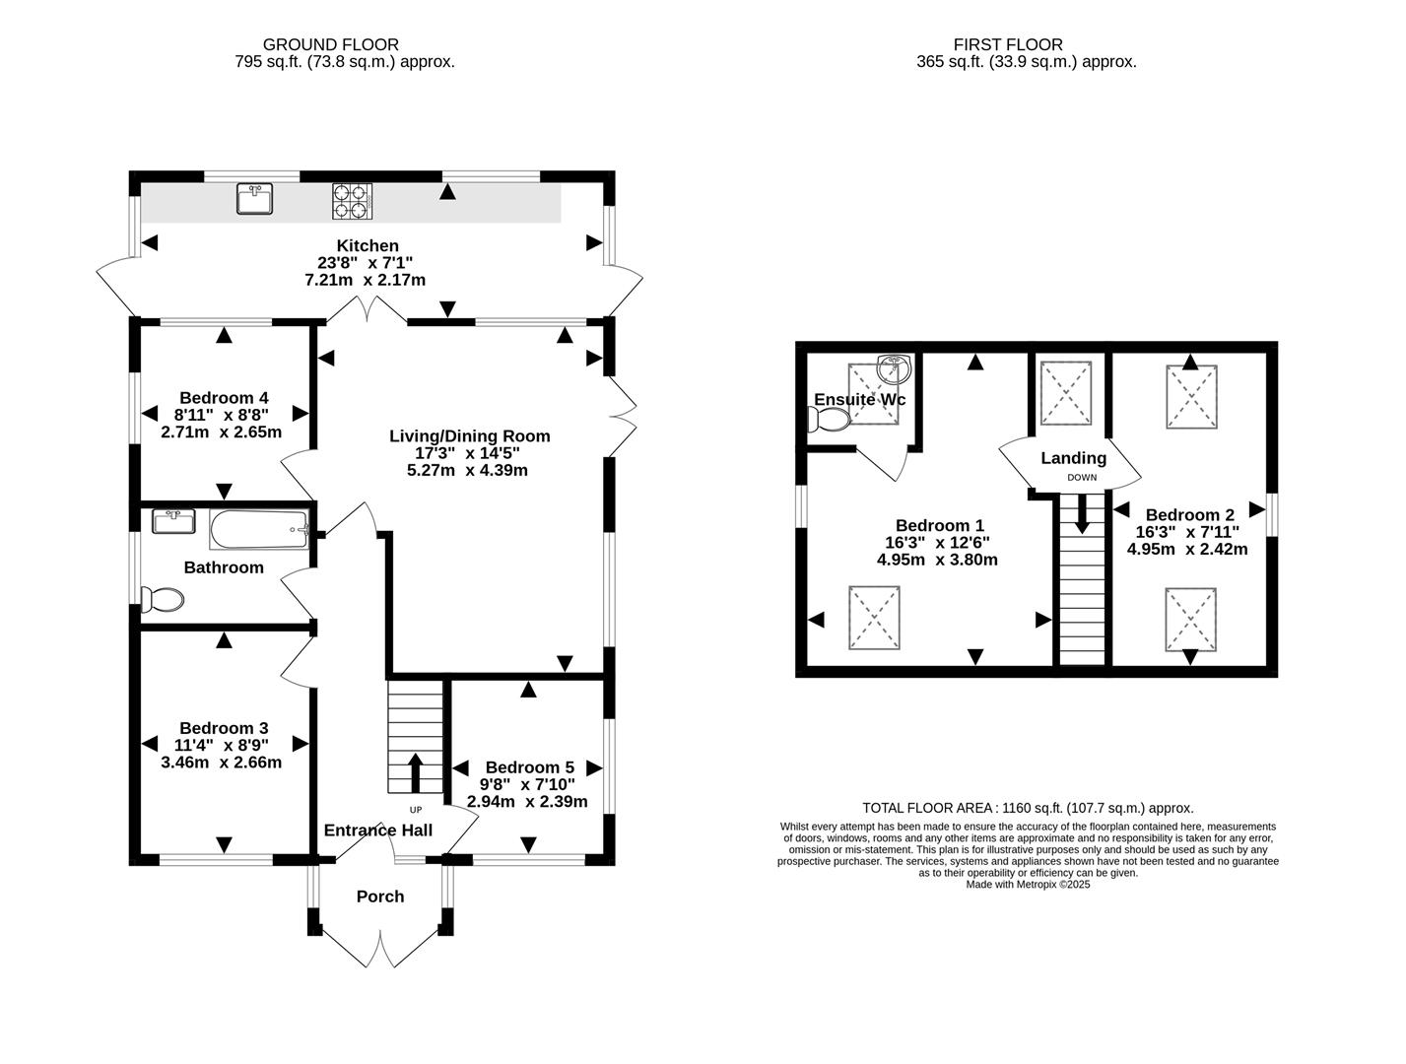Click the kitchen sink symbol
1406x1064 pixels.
254,198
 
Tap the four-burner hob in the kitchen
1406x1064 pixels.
352,200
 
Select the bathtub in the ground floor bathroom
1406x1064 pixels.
259,529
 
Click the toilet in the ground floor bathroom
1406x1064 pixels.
163,599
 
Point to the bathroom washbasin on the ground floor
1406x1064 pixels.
173,520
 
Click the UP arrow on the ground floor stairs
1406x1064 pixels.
414,772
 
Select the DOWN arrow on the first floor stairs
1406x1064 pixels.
1082,513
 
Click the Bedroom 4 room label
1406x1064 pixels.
224,397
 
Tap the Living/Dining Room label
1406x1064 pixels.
469,435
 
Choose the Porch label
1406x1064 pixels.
380,896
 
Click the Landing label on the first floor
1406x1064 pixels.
1073,458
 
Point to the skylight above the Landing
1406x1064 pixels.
1066,391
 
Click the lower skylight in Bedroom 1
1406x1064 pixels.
874,618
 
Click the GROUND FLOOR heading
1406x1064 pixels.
330,44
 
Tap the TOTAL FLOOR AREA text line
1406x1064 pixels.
1028,808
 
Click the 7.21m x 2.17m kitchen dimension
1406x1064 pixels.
365,280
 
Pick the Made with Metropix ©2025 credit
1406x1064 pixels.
1028,885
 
